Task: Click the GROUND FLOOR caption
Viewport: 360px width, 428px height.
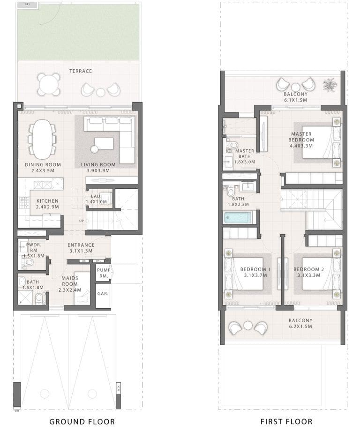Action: tap(82, 421)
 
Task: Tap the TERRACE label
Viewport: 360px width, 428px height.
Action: tap(81, 71)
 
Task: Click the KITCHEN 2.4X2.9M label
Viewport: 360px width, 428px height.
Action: tap(47, 204)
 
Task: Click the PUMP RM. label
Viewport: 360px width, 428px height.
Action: tap(103, 273)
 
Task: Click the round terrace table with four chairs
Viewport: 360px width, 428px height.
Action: tap(49, 84)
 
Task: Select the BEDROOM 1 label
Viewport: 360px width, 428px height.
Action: tap(255, 272)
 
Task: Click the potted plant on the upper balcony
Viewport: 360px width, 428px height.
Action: tap(330, 85)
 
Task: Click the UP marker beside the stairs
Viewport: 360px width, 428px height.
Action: tap(82, 220)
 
